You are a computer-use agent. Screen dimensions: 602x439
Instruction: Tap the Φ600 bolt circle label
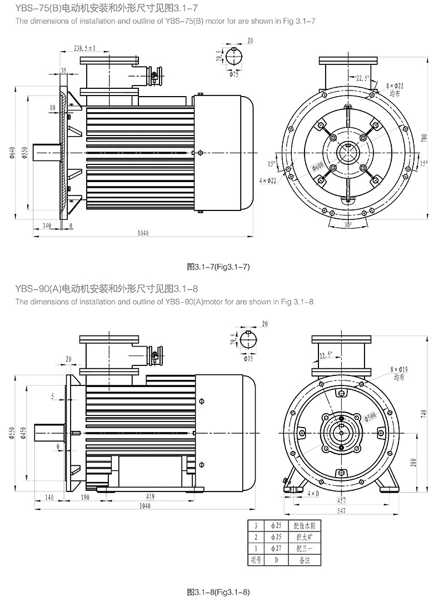[318, 166]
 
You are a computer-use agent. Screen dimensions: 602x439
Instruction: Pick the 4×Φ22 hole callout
[268, 180]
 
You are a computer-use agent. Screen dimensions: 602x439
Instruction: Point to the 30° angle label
[348, 226]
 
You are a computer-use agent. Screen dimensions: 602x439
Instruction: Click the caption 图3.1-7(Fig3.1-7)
[219, 267]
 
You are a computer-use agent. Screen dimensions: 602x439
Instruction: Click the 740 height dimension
[425, 414]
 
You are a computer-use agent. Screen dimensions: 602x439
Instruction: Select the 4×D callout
[313, 493]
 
